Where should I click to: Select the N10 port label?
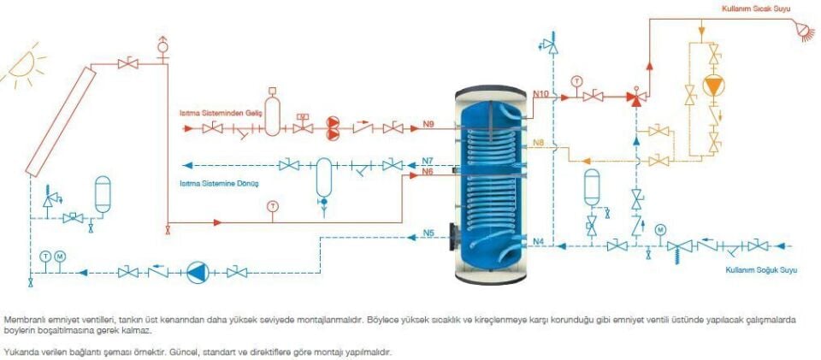pyautogui.click(x=540, y=91)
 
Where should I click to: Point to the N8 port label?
pyautogui.click(x=538, y=142)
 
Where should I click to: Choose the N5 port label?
pyautogui.click(x=428, y=233)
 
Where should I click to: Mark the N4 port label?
pyautogui.click(x=538, y=240)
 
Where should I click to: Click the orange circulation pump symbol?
pyautogui.click(x=712, y=86)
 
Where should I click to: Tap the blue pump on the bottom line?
pyautogui.click(x=198, y=272)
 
